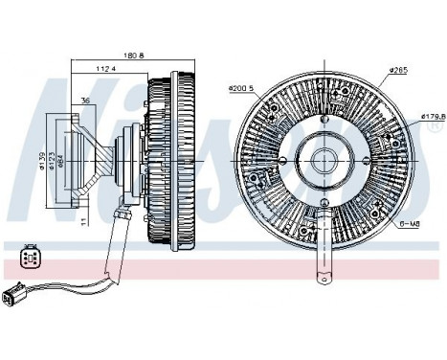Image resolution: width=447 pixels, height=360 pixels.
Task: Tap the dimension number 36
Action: coord(86,100)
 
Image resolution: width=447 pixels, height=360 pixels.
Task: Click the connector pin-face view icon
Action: coord(29,257)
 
